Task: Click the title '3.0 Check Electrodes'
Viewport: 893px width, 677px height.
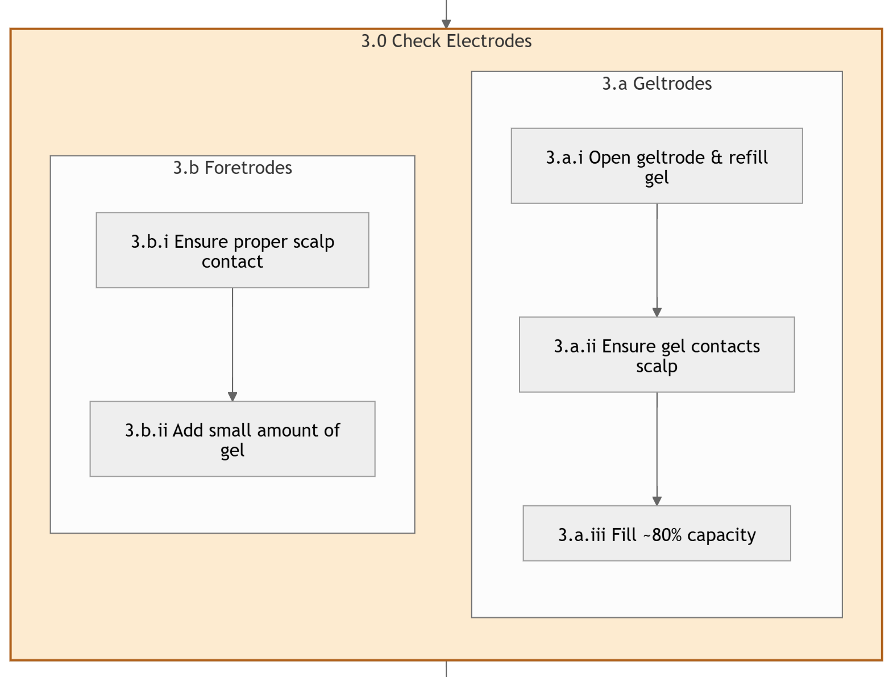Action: tap(446, 41)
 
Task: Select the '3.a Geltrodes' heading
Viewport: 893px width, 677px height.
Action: tap(657, 84)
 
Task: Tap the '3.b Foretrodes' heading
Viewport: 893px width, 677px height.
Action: tap(232, 168)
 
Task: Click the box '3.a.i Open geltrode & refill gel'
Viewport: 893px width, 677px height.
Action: tap(657, 166)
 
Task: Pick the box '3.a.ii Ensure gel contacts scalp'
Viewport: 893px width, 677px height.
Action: tap(657, 354)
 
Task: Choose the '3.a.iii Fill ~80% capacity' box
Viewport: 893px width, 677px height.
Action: tap(657, 533)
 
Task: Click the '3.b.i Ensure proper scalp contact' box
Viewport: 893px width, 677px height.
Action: tap(232, 250)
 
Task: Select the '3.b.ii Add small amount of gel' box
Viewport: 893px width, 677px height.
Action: tap(232, 439)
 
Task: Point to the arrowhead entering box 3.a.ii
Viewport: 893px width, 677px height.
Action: tap(657, 313)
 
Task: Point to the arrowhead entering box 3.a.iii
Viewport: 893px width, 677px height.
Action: tap(657, 501)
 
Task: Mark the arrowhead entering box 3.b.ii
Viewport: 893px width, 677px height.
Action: tap(232, 397)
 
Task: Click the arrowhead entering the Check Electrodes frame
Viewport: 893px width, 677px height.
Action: tap(446, 24)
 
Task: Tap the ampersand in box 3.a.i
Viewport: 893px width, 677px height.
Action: tap(716, 157)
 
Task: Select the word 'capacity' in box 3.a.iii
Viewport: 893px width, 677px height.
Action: tap(721, 536)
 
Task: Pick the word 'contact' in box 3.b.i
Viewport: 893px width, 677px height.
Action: tap(232, 261)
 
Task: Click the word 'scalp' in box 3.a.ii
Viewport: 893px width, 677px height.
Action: tap(657, 367)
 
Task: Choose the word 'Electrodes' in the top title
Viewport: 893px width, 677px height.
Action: tap(489, 41)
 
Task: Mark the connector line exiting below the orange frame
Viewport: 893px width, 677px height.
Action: tap(446, 669)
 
